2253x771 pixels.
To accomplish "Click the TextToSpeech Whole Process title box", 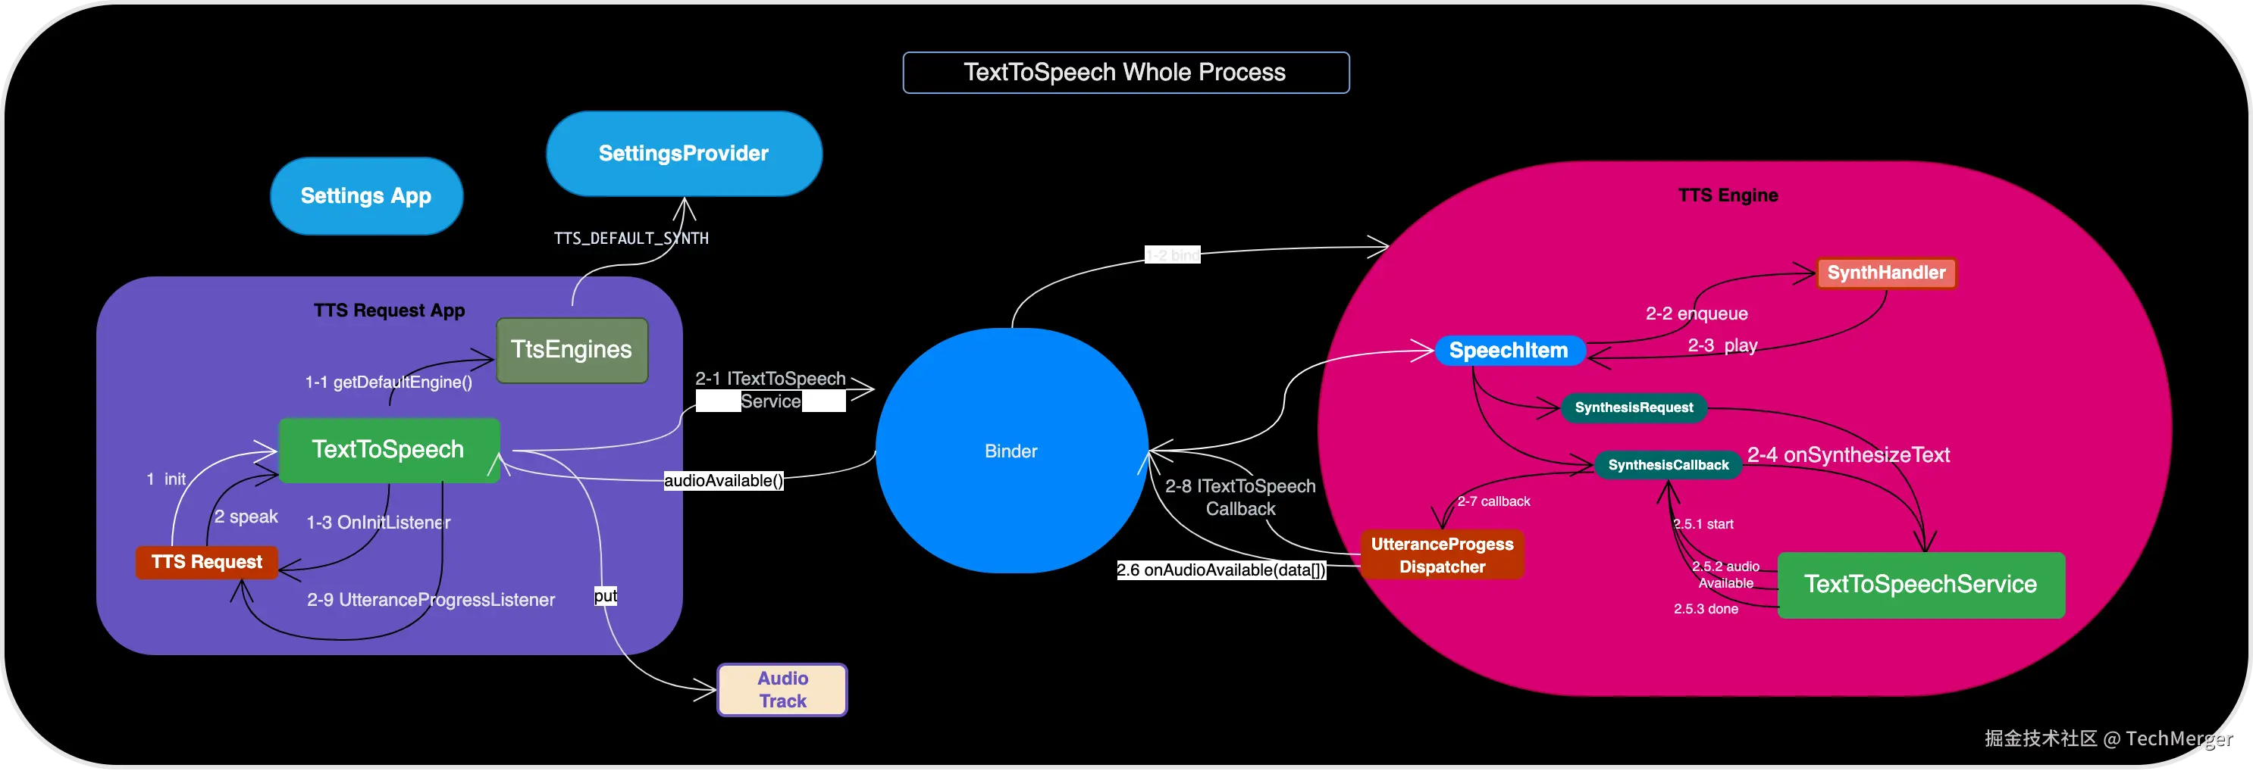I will pos(1125,73).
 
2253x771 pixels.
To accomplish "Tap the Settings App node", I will pos(365,196).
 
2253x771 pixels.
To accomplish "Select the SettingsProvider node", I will pos(683,154).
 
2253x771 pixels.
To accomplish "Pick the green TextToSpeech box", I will pos(388,449).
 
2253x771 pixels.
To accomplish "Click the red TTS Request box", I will pos(206,562).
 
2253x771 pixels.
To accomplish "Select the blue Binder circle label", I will pos(1011,451).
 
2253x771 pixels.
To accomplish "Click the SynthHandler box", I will pos(1885,273).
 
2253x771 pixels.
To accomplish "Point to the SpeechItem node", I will pos(1509,351).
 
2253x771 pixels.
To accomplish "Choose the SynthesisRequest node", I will pos(1633,407).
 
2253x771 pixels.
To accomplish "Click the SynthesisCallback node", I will pos(1668,465).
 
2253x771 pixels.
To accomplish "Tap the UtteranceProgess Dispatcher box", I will pos(1441,555).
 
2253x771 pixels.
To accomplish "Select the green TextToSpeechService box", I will pos(1921,584).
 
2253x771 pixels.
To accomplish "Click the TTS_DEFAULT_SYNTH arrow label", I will pos(631,238).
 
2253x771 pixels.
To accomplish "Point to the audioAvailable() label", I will pos(723,480).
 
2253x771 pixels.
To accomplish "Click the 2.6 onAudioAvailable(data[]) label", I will pos(1221,570).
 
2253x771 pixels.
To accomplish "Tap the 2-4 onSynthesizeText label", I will pos(1848,454).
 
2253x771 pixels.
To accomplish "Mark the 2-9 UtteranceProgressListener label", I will pos(431,600).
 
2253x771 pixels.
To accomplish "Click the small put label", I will pos(605,596).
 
